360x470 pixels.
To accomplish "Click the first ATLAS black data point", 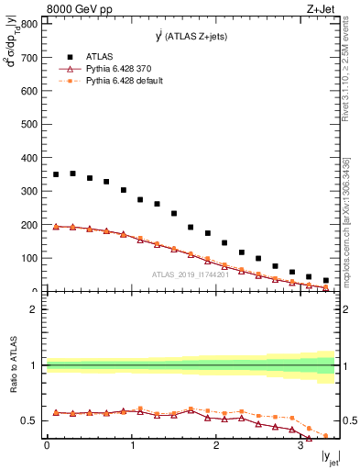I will point(56,174).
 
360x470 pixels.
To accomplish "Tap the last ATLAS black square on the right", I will point(326,280).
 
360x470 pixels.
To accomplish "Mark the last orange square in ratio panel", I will point(326,436).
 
